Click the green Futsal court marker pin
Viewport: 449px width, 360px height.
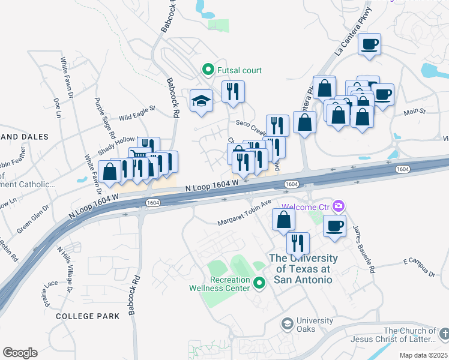tap(208, 70)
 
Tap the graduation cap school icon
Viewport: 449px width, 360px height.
tap(201, 100)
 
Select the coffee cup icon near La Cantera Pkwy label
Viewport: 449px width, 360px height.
tap(369, 44)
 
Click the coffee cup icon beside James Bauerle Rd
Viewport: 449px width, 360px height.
tap(334, 226)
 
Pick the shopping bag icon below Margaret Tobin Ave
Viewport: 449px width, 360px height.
tap(283, 219)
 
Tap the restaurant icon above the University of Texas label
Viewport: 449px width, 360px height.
tap(298, 243)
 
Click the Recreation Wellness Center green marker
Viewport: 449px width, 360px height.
tap(259, 283)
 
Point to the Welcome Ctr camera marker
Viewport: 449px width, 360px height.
tap(339, 206)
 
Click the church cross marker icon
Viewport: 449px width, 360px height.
tap(444, 333)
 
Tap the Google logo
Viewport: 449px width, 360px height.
tap(20, 353)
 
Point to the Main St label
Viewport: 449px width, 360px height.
tap(414, 111)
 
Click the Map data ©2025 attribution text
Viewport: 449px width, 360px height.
tap(423, 355)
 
